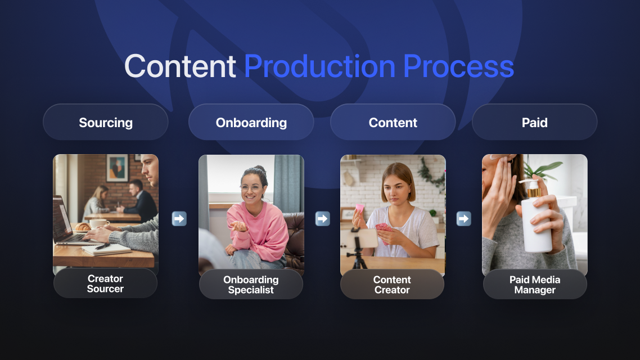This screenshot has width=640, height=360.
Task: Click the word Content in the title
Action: [x=180, y=66]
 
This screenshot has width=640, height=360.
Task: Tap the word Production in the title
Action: [x=319, y=66]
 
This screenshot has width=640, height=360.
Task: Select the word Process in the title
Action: [x=458, y=66]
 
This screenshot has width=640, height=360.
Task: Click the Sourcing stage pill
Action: [x=106, y=122]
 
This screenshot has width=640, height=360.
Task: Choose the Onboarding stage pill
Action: [x=251, y=122]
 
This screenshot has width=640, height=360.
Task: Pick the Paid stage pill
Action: [x=535, y=122]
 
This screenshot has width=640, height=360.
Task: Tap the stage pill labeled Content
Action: [x=393, y=122]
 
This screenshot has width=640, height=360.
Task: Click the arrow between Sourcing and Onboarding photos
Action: [x=179, y=219]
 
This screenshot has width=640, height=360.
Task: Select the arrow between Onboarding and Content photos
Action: [x=322, y=219]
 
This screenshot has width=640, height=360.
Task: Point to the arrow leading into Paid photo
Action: [x=463, y=219]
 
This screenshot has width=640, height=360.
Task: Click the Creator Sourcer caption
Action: [x=105, y=283]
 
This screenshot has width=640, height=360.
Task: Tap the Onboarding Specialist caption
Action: [x=251, y=285]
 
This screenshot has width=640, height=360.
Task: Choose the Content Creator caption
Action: [x=392, y=285]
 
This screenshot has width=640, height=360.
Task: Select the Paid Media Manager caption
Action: [x=535, y=285]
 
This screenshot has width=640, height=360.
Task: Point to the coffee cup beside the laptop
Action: [x=98, y=224]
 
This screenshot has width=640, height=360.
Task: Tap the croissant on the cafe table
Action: [x=83, y=227]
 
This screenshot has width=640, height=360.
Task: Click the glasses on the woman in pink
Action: [x=251, y=188]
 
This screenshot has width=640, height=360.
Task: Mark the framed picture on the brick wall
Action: [x=117, y=168]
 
